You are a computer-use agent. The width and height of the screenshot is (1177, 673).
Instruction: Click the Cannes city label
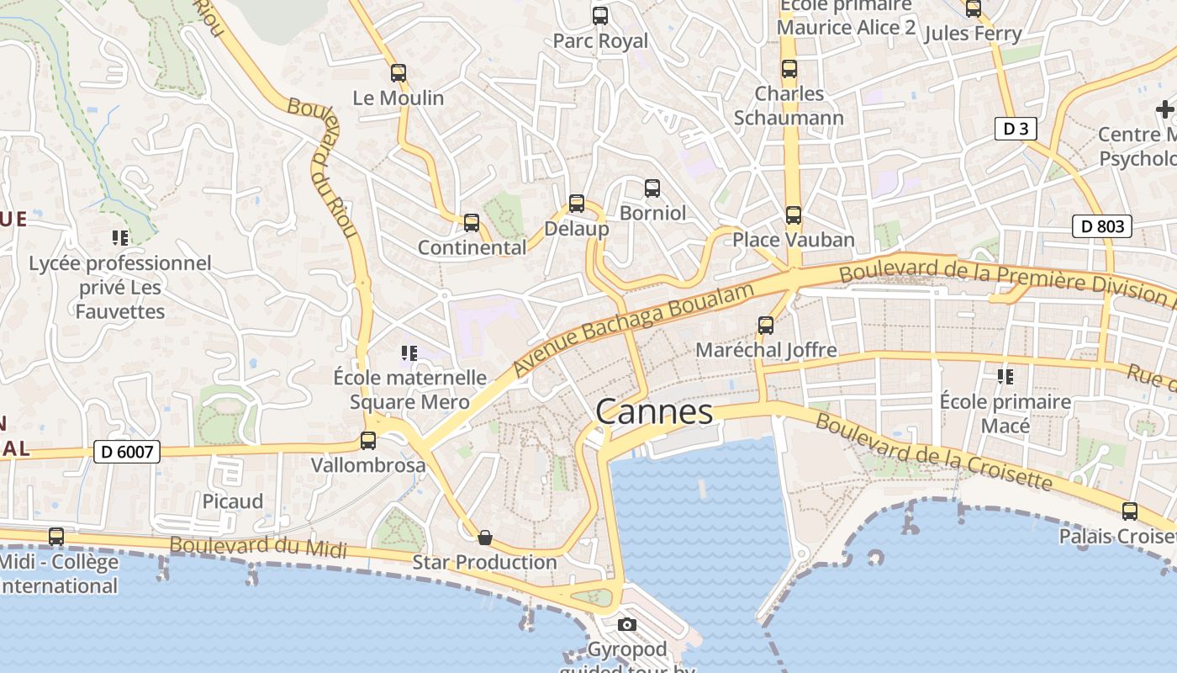click(x=654, y=412)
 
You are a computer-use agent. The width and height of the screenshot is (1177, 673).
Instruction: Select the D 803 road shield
click(x=1102, y=226)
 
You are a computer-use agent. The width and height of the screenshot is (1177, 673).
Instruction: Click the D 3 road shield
click(x=1016, y=129)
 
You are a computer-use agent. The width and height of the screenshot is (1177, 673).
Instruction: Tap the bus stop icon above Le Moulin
click(x=398, y=73)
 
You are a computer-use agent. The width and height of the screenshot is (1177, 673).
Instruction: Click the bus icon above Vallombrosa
click(x=367, y=440)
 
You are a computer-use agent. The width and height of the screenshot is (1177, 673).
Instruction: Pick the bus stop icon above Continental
click(x=472, y=223)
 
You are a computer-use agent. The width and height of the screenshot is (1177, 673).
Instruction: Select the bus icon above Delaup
click(x=576, y=203)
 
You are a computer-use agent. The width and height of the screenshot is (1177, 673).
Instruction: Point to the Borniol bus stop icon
click(x=652, y=188)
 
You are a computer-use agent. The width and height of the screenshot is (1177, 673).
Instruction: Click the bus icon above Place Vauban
click(x=793, y=215)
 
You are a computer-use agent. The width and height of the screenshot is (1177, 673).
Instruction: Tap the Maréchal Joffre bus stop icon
click(x=765, y=326)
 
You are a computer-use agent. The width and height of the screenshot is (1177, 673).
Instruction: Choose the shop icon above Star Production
click(x=484, y=538)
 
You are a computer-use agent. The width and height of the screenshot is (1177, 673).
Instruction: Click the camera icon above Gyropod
click(x=626, y=624)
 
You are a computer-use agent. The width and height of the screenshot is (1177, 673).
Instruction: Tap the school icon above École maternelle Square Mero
click(x=409, y=353)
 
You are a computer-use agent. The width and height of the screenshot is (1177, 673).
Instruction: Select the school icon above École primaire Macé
click(x=1005, y=376)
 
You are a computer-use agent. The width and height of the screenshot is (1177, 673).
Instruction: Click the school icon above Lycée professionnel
click(x=120, y=238)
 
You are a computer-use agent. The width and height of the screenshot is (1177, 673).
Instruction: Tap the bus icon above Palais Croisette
click(x=1130, y=511)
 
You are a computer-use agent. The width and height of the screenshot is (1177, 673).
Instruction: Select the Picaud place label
click(x=232, y=501)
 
